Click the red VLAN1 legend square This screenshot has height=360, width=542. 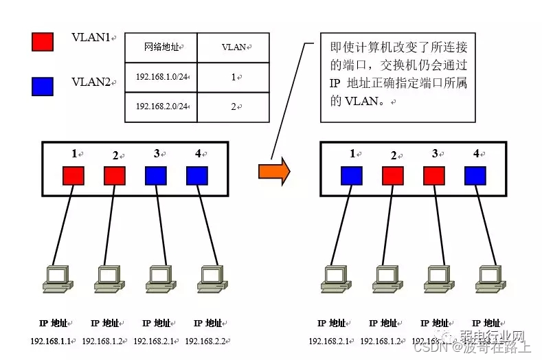click(43, 41)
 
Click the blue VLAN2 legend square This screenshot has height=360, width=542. click(43, 86)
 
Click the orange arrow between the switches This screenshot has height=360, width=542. click(273, 171)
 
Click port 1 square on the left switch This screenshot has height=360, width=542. click(74, 175)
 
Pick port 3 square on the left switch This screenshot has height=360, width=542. click(155, 175)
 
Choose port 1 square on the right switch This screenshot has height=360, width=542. click(352, 175)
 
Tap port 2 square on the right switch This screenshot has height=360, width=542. click(393, 175)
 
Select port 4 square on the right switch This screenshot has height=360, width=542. click(475, 175)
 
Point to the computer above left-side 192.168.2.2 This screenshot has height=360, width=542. click(210, 277)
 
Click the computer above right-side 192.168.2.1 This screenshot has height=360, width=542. click(333, 277)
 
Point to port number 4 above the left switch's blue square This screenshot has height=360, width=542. click(198, 154)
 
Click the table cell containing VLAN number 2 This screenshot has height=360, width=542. click(234, 106)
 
